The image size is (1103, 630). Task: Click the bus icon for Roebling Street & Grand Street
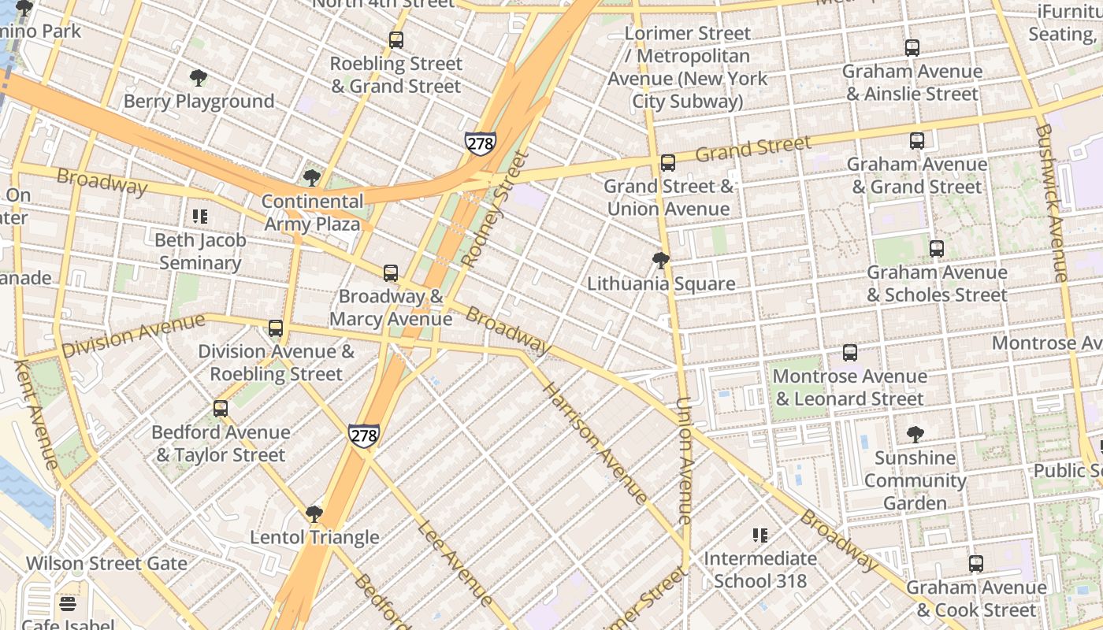click(396, 40)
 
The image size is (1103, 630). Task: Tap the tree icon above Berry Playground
click(199, 78)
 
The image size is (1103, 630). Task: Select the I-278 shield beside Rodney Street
click(480, 143)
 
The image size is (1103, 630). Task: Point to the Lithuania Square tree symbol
click(661, 261)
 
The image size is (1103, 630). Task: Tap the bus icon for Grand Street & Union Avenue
click(668, 163)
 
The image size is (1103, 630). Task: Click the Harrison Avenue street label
click(595, 443)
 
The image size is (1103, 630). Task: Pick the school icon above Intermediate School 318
click(760, 535)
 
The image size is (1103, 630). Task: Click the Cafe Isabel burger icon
click(68, 604)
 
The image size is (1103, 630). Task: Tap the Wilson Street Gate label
click(107, 564)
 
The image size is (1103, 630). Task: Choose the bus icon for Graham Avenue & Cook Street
click(976, 564)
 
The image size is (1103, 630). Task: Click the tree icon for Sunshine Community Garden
click(915, 434)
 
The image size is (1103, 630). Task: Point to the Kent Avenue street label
click(35, 414)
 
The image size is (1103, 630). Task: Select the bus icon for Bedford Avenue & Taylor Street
click(221, 409)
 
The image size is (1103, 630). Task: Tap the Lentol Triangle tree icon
click(314, 514)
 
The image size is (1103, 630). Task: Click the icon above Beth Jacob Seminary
click(200, 217)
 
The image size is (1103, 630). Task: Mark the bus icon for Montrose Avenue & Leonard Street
click(850, 353)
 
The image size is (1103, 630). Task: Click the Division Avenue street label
click(133, 335)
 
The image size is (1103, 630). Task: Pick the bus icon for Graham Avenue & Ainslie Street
click(912, 48)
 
